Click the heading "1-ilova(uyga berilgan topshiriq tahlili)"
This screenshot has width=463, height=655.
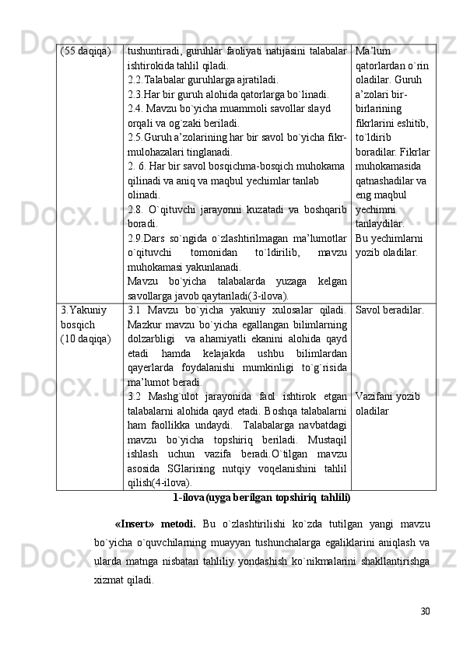(261, 496)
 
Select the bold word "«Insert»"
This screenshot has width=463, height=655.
(139, 522)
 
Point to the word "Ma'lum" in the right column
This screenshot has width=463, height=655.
(372, 51)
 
